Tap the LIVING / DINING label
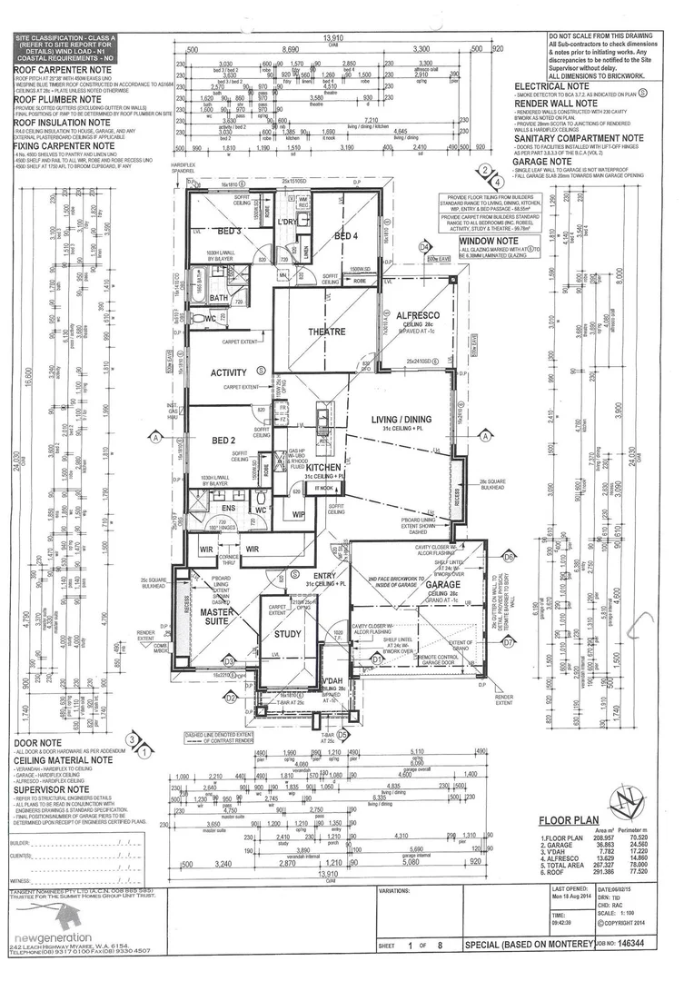pos(402,419)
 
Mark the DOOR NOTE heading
pos(35,742)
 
